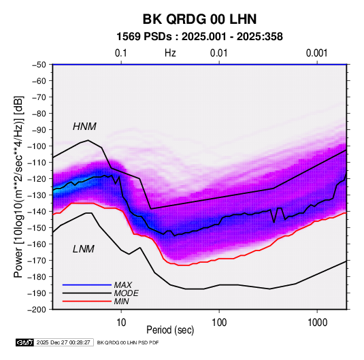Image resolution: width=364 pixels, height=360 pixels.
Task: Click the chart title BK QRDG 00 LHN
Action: point(199,19)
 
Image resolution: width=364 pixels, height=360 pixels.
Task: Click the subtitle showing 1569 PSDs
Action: point(199,37)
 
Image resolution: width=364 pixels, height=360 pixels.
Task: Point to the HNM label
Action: point(84,127)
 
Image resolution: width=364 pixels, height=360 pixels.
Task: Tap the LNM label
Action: point(84,249)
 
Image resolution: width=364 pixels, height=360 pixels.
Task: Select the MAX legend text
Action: point(122,285)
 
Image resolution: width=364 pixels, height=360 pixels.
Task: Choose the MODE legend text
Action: point(127,293)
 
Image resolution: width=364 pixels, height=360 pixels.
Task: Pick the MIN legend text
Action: point(121,301)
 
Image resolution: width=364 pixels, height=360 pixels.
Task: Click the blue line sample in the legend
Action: point(87,285)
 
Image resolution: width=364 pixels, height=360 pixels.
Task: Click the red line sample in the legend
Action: point(87,301)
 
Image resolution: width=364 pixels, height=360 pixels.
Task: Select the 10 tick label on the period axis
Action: point(121,323)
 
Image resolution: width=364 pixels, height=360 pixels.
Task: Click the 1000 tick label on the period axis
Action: point(317,323)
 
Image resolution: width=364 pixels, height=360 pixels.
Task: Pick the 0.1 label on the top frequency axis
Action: point(121,53)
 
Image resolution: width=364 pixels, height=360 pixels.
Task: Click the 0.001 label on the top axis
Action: point(317,53)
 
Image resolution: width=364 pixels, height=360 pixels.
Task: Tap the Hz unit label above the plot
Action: point(170,53)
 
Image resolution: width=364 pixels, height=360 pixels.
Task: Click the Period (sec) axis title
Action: point(170,330)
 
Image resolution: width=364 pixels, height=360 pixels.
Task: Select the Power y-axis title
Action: point(18,186)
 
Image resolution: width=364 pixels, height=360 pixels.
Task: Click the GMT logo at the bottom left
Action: point(24,342)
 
